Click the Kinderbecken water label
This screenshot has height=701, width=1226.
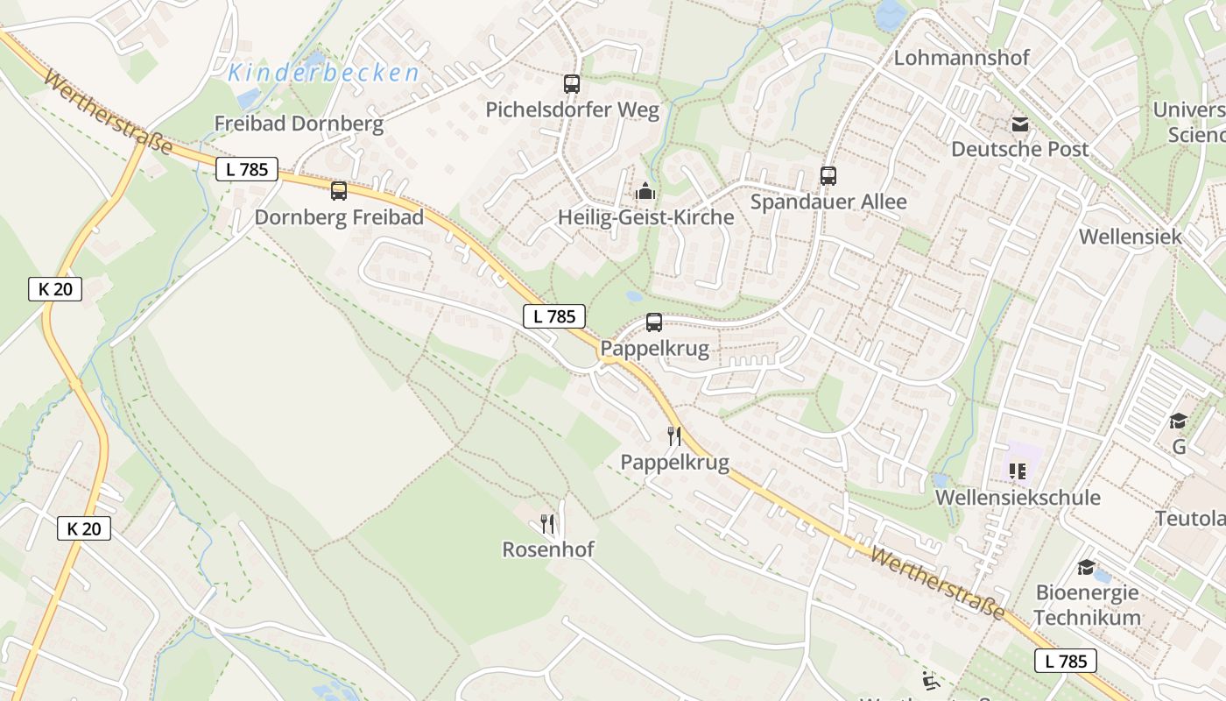pyautogui.click(x=324, y=74)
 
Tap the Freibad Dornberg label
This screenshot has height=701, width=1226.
pyautogui.click(x=299, y=124)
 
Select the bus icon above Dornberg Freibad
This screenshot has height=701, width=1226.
pyautogui.click(x=339, y=190)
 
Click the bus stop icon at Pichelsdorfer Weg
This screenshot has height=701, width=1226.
pyautogui.click(x=572, y=84)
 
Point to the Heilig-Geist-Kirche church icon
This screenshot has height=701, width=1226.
pyautogui.click(x=645, y=190)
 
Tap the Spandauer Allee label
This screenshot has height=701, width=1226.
pyautogui.click(x=828, y=202)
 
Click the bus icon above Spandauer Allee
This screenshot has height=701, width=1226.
pyautogui.click(x=828, y=175)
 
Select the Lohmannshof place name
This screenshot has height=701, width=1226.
pyautogui.click(x=962, y=58)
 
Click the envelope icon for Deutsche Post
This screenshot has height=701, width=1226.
pyautogui.click(x=1020, y=124)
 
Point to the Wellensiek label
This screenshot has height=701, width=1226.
pyautogui.click(x=1130, y=237)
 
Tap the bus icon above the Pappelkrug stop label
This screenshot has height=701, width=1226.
pyautogui.click(x=654, y=322)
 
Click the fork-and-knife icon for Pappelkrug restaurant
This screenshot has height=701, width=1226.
pyautogui.click(x=674, y=435)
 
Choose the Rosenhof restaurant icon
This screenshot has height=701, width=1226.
pyautogui.click(x=547, y=524)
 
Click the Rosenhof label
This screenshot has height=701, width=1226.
pyautogui.click(x=547, y=550)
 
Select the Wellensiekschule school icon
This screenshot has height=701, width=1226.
pyautogui.click(x=1018, y=471)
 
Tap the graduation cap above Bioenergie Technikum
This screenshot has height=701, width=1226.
pyautogui.click(x=1087, y=567)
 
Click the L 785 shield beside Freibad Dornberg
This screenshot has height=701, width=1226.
pyautogui.click(x=247, y=169)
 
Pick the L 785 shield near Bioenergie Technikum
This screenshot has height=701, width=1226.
pyautogui.click(x=1066, y=661)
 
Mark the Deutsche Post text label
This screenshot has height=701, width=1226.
pyautogui.click(x=1020, y=149)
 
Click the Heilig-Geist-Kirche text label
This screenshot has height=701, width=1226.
pyautogui.click(x=645, y=217)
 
